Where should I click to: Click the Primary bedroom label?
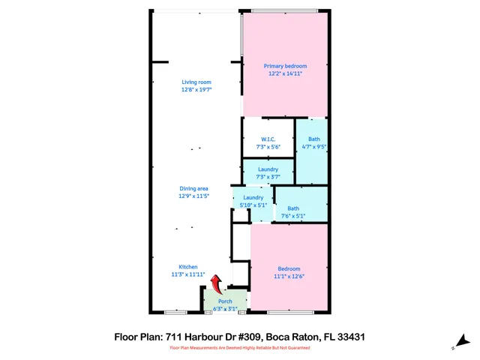pos(285,66)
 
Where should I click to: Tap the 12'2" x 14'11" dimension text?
pos(285,73)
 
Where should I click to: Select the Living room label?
pos(196,82)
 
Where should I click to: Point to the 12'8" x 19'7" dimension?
pos(196,89)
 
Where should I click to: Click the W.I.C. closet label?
pos(268,139)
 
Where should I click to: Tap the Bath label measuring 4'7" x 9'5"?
pos(313,139)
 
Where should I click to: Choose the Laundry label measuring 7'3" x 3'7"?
pos(268,169)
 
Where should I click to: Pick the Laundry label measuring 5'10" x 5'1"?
pos(253,197)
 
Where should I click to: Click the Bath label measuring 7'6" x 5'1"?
pos(293,208)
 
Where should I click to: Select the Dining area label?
pos(193,188)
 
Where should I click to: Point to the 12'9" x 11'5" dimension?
pos(193,196)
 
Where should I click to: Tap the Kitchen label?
pos(187,267)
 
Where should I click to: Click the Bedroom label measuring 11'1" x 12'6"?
pos(289,268)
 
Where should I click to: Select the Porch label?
pos(225,301)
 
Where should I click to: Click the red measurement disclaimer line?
pos(240,348)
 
